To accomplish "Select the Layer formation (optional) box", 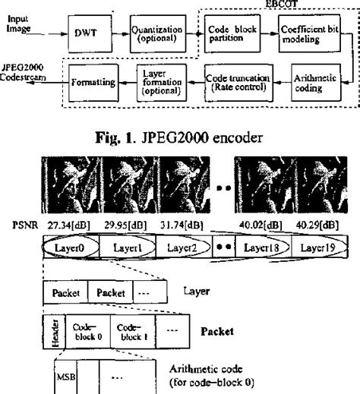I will [x=161, y=79].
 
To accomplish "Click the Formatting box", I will [x=94, y=79].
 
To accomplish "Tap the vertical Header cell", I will [x=52, y=332].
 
